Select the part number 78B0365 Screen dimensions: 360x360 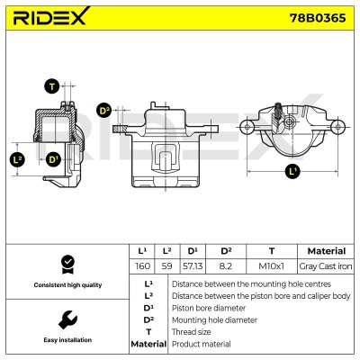coord(318,18)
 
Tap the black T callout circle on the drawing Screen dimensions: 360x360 coord(52,86)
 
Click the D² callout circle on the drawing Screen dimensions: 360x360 coord(104,111)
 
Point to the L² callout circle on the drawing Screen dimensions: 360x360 coord(18,159)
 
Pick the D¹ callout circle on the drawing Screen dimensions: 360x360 coord(53,159)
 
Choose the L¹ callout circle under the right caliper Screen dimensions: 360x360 coord(292,172)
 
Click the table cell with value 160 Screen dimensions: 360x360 coord(142,266)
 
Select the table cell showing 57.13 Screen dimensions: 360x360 coord(193,266)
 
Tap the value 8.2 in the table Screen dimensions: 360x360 coord(226,266)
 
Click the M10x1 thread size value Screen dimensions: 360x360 coord(271,266)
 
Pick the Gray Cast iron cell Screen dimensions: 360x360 coord(326,266)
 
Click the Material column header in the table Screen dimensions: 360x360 coord(327,251)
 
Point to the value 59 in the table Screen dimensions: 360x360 coord(166,266)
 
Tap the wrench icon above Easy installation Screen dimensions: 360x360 coord(67,320)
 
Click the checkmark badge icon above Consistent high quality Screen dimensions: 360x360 coord(67,265)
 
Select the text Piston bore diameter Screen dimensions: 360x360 coord(209,308)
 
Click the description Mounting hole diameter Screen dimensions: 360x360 coord(214,320)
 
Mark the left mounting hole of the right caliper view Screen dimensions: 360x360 coord(247,127)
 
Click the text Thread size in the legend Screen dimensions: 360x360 coord(191,332)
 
